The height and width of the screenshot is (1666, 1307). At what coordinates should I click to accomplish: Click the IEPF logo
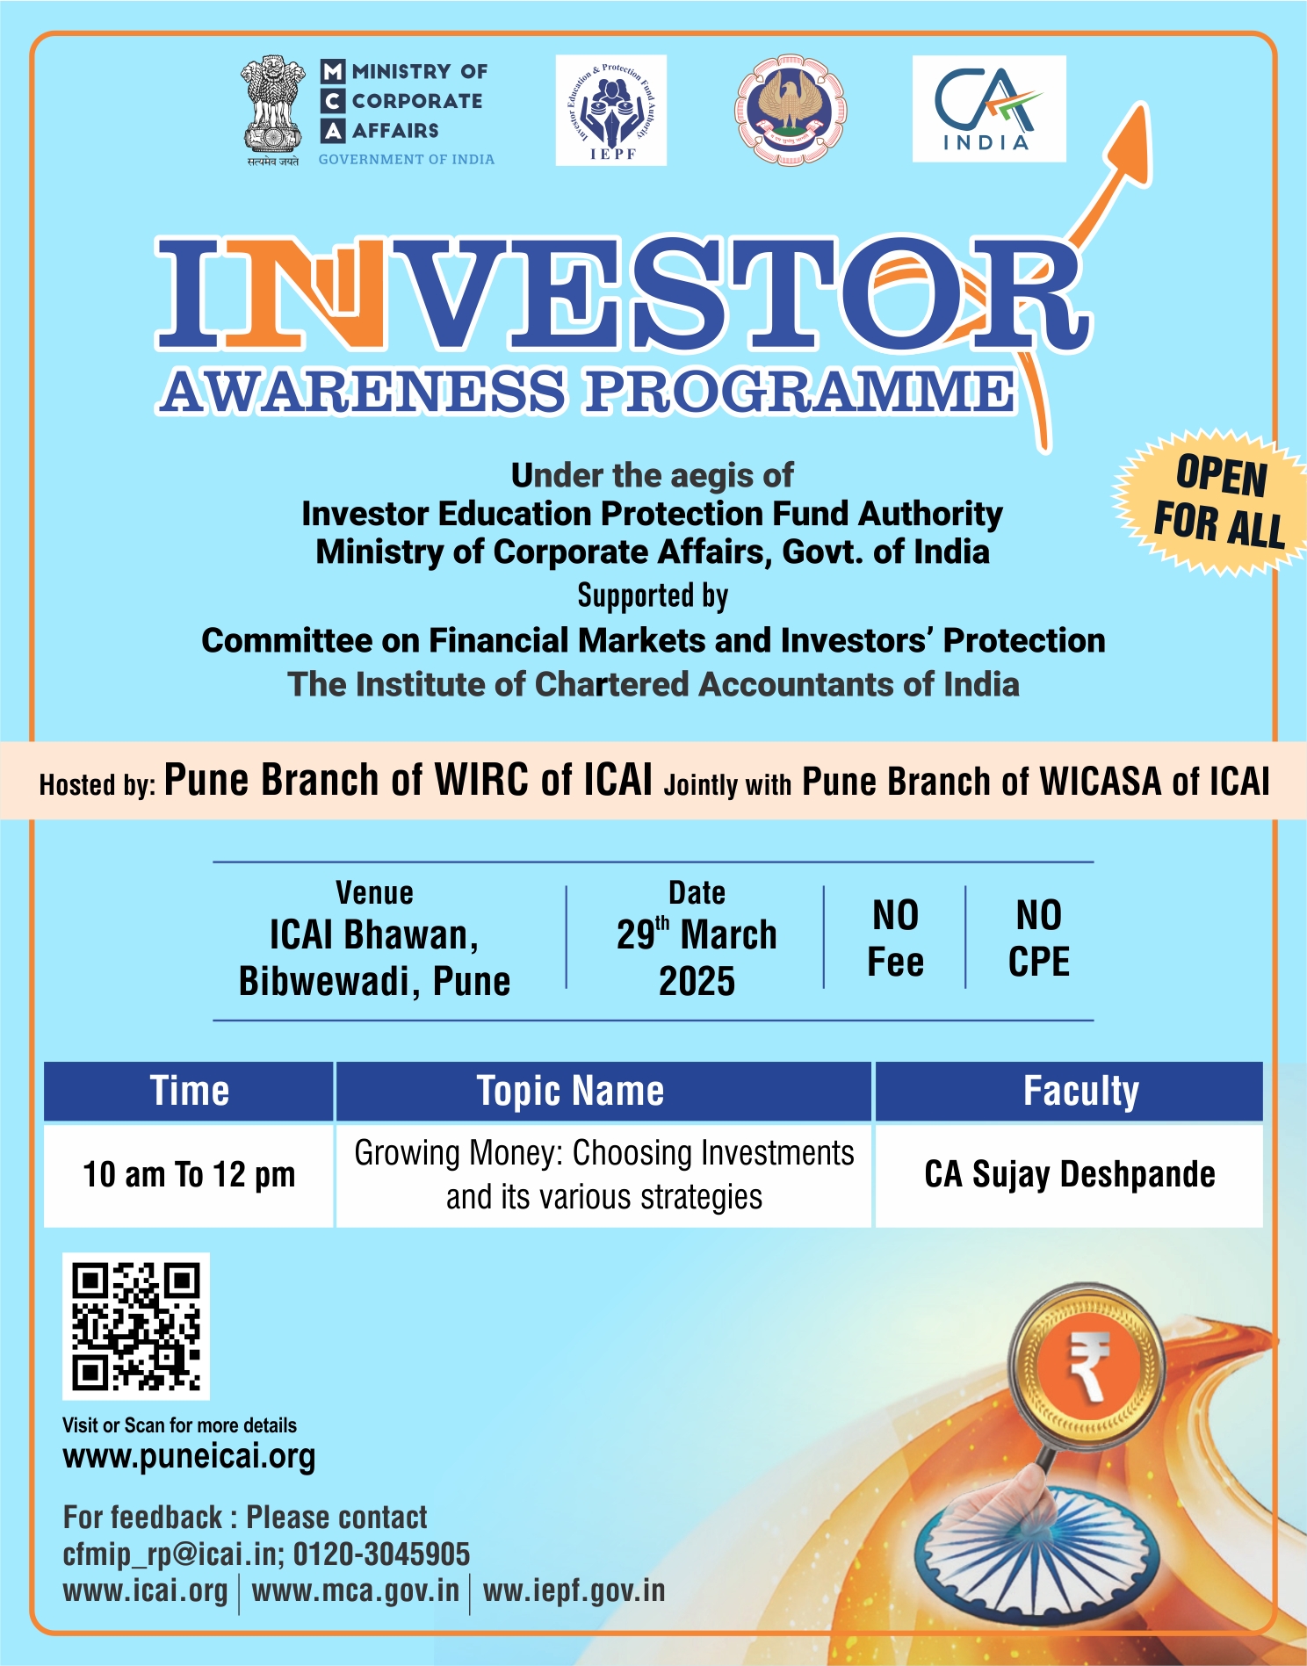click(610, 111)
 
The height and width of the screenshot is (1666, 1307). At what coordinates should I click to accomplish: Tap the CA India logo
click(989, 109)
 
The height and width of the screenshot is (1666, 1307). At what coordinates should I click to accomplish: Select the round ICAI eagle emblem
click(791, 110)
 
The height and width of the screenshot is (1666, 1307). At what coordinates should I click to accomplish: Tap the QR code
click(136, 1326)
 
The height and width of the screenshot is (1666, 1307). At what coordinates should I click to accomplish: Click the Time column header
click(189, 1092)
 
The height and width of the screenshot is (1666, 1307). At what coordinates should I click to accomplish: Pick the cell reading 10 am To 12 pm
click(189, 1175)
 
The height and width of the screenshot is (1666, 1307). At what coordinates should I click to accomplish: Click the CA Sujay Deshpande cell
click(1069, 1175)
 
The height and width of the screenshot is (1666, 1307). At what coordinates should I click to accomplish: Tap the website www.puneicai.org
click(189, 1456)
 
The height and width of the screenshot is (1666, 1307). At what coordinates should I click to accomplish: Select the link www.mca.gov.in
click(356, 1590)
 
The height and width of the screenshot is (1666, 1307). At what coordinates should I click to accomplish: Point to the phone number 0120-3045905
click(381, 1554)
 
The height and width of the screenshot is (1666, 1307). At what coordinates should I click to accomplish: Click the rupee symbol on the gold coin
click(1089, 1366)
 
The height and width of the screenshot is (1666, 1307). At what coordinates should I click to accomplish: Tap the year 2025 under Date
click(697, 981)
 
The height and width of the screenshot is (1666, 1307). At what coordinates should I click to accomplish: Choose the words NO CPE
click(1039, 939)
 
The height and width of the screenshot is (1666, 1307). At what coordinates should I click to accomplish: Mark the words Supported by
click(653, 595)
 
